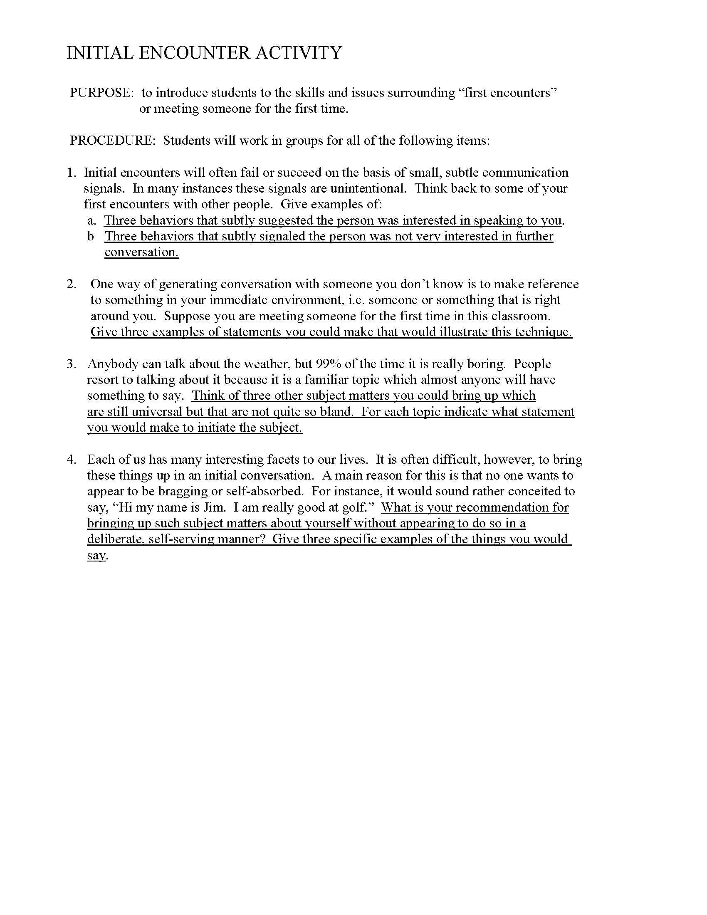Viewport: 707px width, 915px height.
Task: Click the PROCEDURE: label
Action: (x=113, y=140)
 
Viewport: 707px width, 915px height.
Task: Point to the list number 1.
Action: (x=71, y=173)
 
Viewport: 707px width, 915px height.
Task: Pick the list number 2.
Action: (x=71, y=284)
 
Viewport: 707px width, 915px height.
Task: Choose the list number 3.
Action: (x=71, y=364)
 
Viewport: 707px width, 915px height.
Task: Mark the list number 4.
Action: (x=71, y=460)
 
